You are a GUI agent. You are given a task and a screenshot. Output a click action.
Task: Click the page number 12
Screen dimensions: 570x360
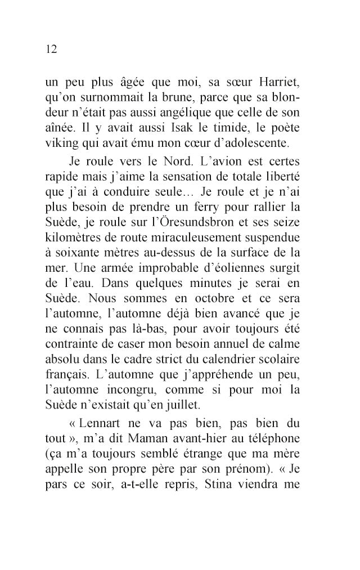(52, 49)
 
